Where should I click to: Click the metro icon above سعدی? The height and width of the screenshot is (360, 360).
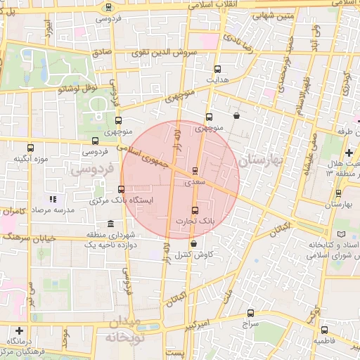195,170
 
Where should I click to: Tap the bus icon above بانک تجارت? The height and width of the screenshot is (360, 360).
195,210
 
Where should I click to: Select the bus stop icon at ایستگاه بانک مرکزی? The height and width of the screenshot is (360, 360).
122,189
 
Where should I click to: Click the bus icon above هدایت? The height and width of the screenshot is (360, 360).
217,69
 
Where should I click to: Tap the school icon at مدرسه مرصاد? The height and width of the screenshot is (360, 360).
52,199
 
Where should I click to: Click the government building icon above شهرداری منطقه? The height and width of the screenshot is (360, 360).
110,224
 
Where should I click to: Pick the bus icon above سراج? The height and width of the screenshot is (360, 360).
251,313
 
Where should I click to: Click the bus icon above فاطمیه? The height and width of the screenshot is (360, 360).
324,330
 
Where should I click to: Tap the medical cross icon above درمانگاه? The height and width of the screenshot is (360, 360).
18,330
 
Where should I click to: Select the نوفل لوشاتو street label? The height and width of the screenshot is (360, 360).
79,89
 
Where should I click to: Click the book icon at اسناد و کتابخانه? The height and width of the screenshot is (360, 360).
342,233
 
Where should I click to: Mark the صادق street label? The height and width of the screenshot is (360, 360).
102,52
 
